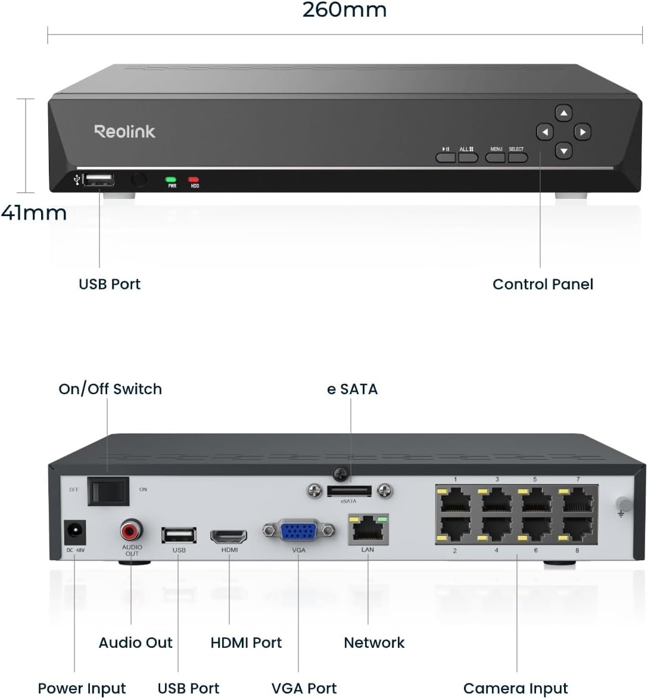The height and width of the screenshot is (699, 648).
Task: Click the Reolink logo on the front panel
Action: point(124,131)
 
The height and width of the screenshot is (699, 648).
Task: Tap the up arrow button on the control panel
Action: point(563,113)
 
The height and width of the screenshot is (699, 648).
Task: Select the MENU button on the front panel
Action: point(496,157)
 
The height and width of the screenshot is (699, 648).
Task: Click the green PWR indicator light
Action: point(172,179)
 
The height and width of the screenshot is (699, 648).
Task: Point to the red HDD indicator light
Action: point(194,179)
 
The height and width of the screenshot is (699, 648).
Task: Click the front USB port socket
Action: point(99,179)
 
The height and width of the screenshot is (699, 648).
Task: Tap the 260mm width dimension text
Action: point(344,10)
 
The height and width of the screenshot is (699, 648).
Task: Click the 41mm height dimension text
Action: point(34,213)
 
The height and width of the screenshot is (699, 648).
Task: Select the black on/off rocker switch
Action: point(108,491)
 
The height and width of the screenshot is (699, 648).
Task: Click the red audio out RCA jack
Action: point(131,529)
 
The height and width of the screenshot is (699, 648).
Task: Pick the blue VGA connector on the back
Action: point(299,531)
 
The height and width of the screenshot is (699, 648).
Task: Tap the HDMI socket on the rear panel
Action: point(229,535)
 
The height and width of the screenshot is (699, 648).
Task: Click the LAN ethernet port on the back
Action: point(367,529)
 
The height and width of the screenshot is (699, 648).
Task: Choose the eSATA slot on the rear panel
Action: point(349,491)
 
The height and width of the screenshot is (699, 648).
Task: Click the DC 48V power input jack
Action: point(74,532)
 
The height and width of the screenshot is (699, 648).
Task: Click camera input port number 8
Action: point(577,527)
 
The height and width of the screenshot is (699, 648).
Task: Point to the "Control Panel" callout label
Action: point(543,284)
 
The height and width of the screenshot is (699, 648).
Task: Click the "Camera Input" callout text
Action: point(515,688)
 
